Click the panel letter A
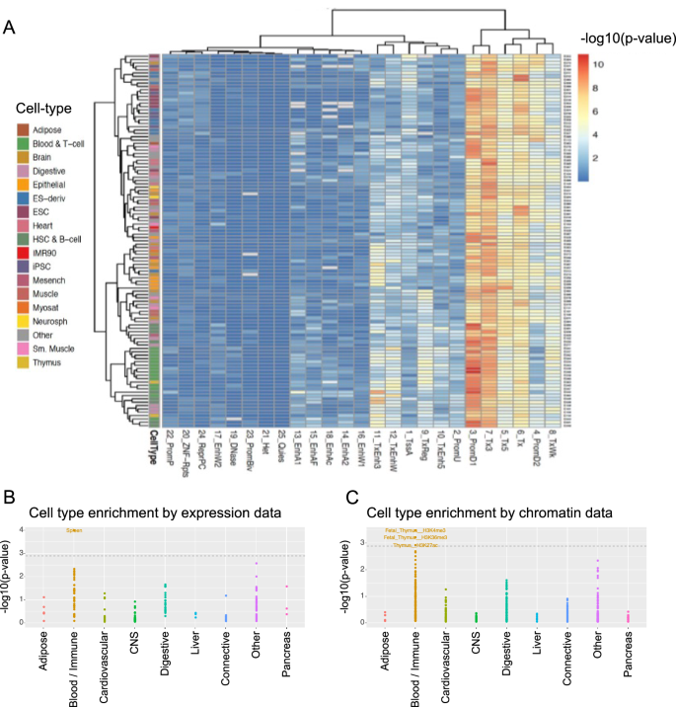[11, 28]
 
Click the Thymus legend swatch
[25, 363]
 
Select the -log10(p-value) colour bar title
[628, 39]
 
